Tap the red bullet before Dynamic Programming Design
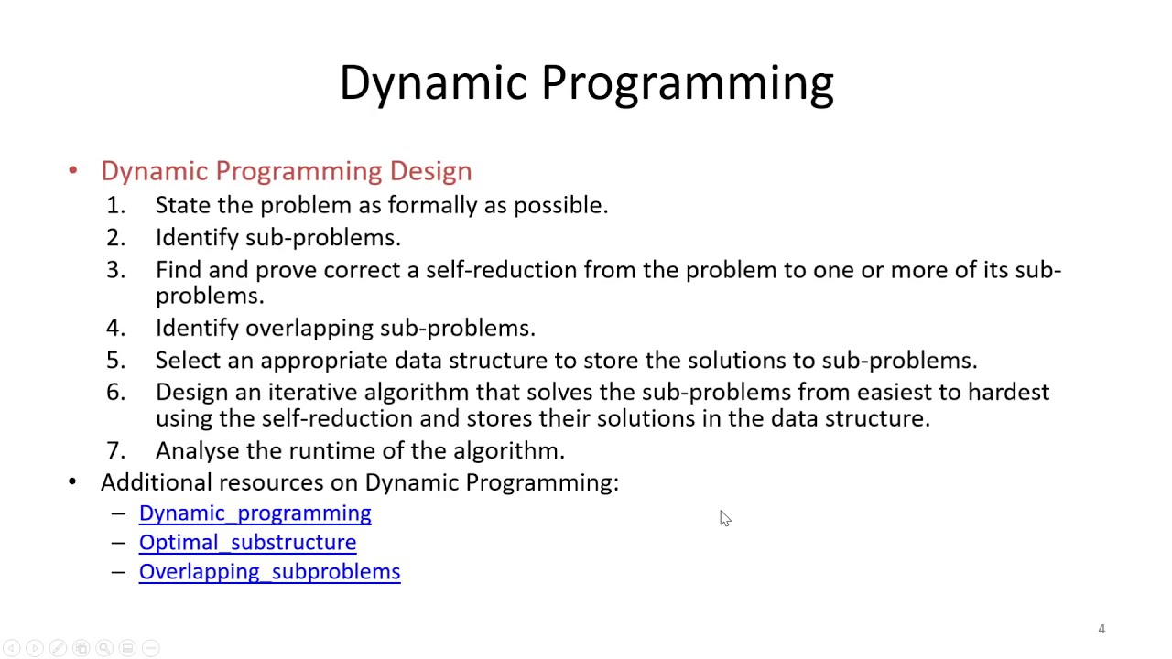click(x=73, y=171)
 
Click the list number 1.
click(x=115, y=205)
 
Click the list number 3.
click(x=115, y=270)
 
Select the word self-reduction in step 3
click(x=502, y=270)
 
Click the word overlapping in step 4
click(x=309, y=328)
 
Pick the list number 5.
click(x=115, y=360)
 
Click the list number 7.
click(x=115, y=450)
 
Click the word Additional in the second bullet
click(x=156, y=482)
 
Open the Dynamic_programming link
click(x=255, y=513)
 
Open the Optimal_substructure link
click(x=247, y=543)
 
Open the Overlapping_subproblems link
click(x=269, y=572)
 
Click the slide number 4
click(x=1101, y=629)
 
